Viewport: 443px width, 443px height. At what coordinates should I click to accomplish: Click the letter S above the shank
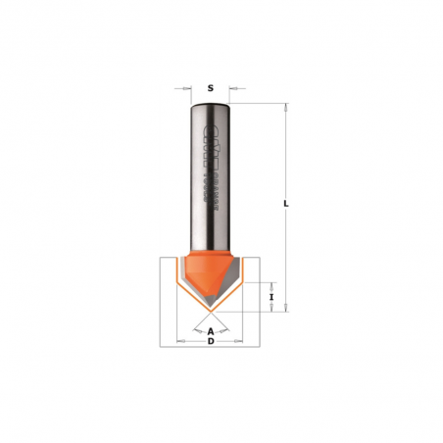(x=211, y=88)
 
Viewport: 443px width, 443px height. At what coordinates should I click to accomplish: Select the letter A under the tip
(x=211, y=330)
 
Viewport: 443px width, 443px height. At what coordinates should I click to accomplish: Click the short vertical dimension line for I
(x=263, y=295)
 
